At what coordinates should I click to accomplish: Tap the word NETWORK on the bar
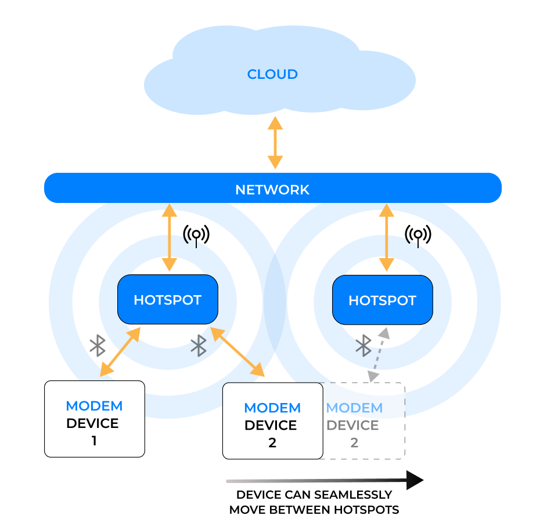(x=272, y=190)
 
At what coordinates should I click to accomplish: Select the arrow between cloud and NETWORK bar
(x=275, y=143)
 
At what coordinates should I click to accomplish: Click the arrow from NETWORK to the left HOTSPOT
(x=170, y=238)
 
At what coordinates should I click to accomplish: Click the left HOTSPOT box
(x=168, y=300)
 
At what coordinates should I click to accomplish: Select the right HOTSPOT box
(x=382, y=300)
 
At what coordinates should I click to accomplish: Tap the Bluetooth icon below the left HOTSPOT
(x=199, y=345)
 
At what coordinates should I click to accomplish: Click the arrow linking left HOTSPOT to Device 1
(x=120, y=352)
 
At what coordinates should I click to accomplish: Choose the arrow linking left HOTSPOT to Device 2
(x=237, y=352)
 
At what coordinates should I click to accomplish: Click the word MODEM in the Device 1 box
(x=94, y=406)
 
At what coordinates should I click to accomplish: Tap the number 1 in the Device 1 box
(x=94, y=441)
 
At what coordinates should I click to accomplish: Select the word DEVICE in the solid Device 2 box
(x=271, y=426)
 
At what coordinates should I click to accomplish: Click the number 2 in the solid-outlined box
(x=272, y=443)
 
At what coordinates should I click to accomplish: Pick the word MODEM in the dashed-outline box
(x=354, y=408)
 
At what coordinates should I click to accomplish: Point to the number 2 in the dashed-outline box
(x=354, y=443)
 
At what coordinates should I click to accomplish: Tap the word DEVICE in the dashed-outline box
(x=352, y=426)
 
